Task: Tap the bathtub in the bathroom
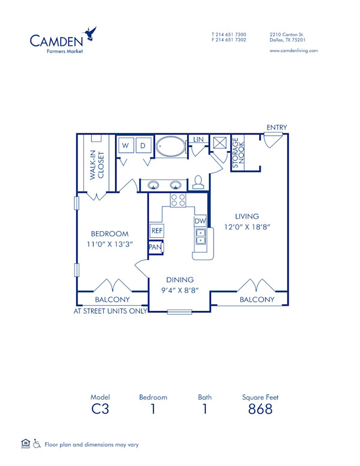pyautogui.click(x=171, y=146)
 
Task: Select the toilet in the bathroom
pyautogui.click(x=199, y=182)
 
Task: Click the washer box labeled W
pyautogui.click(x=126, y=145)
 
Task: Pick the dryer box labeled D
pyautogui.click(x=143, y=145)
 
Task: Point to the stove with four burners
pyautogui.click(x=178, y=200)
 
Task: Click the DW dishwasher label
pyautogui.click(x=200, y=221)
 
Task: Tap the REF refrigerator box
pyautogui.click(x=157, y=230)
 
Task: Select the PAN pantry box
pyautogui.click(x=155, y=247)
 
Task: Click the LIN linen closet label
pyautogui.click(x=198, y=140)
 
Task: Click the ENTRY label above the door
pyautogui.click(x=277, y=127)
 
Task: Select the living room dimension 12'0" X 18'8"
pyautogui.click(x=247, y=228)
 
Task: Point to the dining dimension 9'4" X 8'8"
pyautogui.click(x=180, y=291)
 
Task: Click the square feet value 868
pyautogui.click(x=260, y=409)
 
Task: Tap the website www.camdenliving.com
pyautogui.click(x=293, y=51)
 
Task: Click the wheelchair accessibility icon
pyautogui.click(x=36, y=444)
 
